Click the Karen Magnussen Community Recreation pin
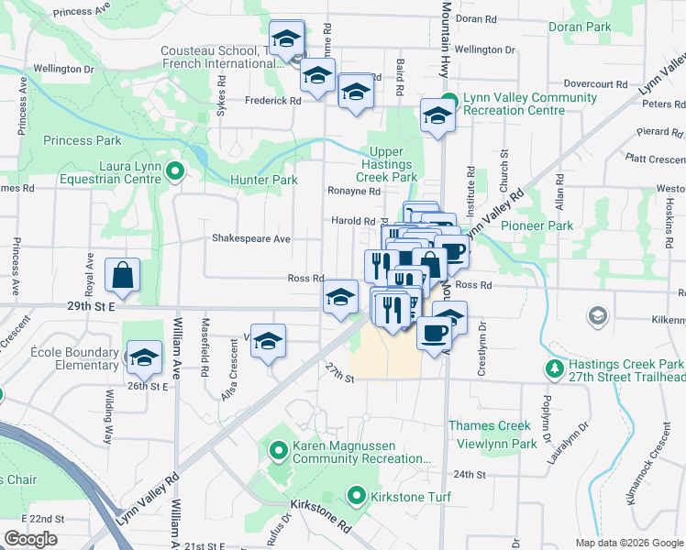(x=279, y=450)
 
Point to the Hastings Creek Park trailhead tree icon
(x=554, y=368)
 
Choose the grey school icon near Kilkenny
(x=598, y=316)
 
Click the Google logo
(x=30, y=539)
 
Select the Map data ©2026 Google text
(x=628, y=543)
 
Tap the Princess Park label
(x=82, y=140)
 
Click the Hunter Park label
(x=263, y=180)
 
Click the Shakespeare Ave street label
(x=250, y=238)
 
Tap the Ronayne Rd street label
(x=354, y=192)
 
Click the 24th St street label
(x=468, y=475)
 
